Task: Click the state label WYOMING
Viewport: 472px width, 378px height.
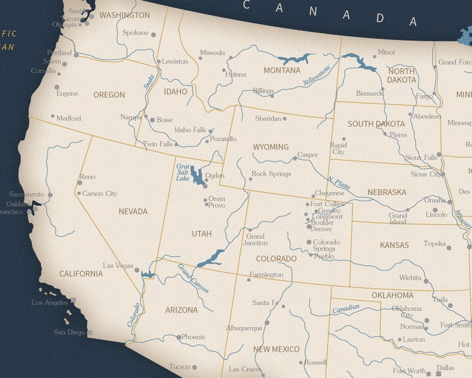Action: click(x=270, y=147)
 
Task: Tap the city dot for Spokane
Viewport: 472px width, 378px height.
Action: click(x=153, y=35)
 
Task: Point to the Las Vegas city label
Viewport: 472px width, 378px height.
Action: click(x=118, y=266)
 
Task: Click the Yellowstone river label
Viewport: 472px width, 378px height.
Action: click(x=316, y=75)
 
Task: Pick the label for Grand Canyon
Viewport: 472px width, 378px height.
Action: click(x=194, y=278)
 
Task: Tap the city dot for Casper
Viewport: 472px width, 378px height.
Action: click(x=295, y=158)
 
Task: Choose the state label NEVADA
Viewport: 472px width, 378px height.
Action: click(x=133, y=212)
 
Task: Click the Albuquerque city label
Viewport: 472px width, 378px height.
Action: click(x=244, y=328)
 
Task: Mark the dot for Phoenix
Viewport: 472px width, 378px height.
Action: click(x=179, y=338)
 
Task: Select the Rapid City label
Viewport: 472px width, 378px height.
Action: click(x=338, y=149)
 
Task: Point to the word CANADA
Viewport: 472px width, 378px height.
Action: click(x=330, y=12)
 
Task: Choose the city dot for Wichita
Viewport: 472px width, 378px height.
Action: click(x=426, y=280)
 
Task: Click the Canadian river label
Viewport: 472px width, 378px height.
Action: click(x=345, y=308)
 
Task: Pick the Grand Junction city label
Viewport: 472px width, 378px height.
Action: click(x=256, y=240)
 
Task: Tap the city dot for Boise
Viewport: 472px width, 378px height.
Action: click(x=152, y=120)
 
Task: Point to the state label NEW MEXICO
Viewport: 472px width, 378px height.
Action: click(x=276, y=349)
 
